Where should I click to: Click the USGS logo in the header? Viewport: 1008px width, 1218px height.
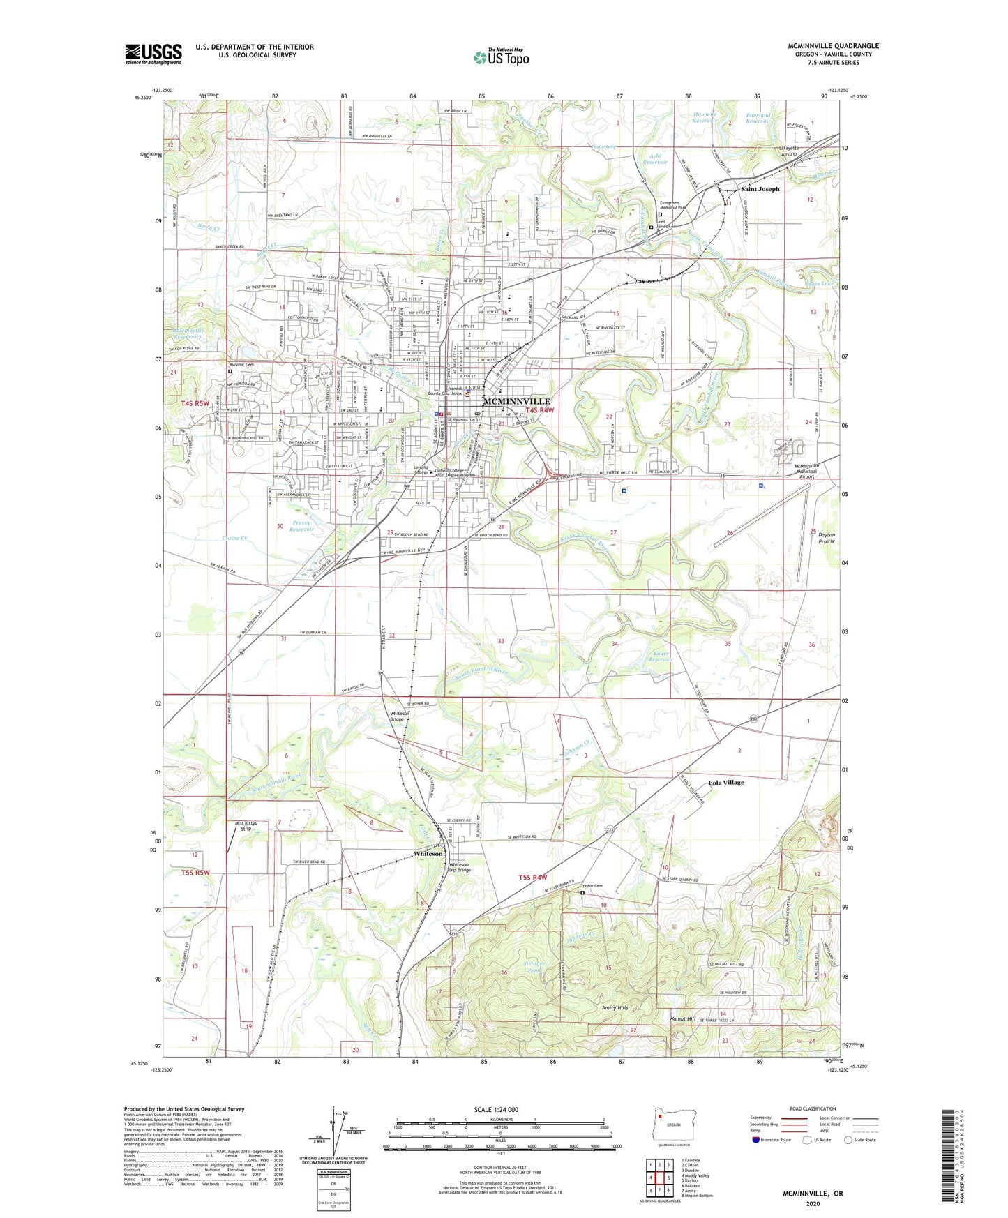153,53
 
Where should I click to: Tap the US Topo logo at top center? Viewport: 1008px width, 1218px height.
501,57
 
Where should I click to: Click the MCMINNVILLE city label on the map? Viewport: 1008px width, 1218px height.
516,401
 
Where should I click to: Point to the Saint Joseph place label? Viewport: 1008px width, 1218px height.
760,189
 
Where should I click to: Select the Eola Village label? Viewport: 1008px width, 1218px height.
725,783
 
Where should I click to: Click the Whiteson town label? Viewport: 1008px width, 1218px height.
428,854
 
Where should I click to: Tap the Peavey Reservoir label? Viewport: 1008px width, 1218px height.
302,526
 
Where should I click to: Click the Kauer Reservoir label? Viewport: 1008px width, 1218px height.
661,656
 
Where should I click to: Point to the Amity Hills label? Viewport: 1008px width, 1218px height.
615,1008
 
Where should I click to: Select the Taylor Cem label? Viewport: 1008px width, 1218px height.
592,886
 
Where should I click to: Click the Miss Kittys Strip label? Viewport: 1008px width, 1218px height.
245,826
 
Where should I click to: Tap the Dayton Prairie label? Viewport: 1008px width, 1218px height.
826,537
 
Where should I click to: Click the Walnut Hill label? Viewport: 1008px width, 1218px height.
682,1019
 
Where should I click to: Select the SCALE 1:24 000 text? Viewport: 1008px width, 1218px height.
495,1110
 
